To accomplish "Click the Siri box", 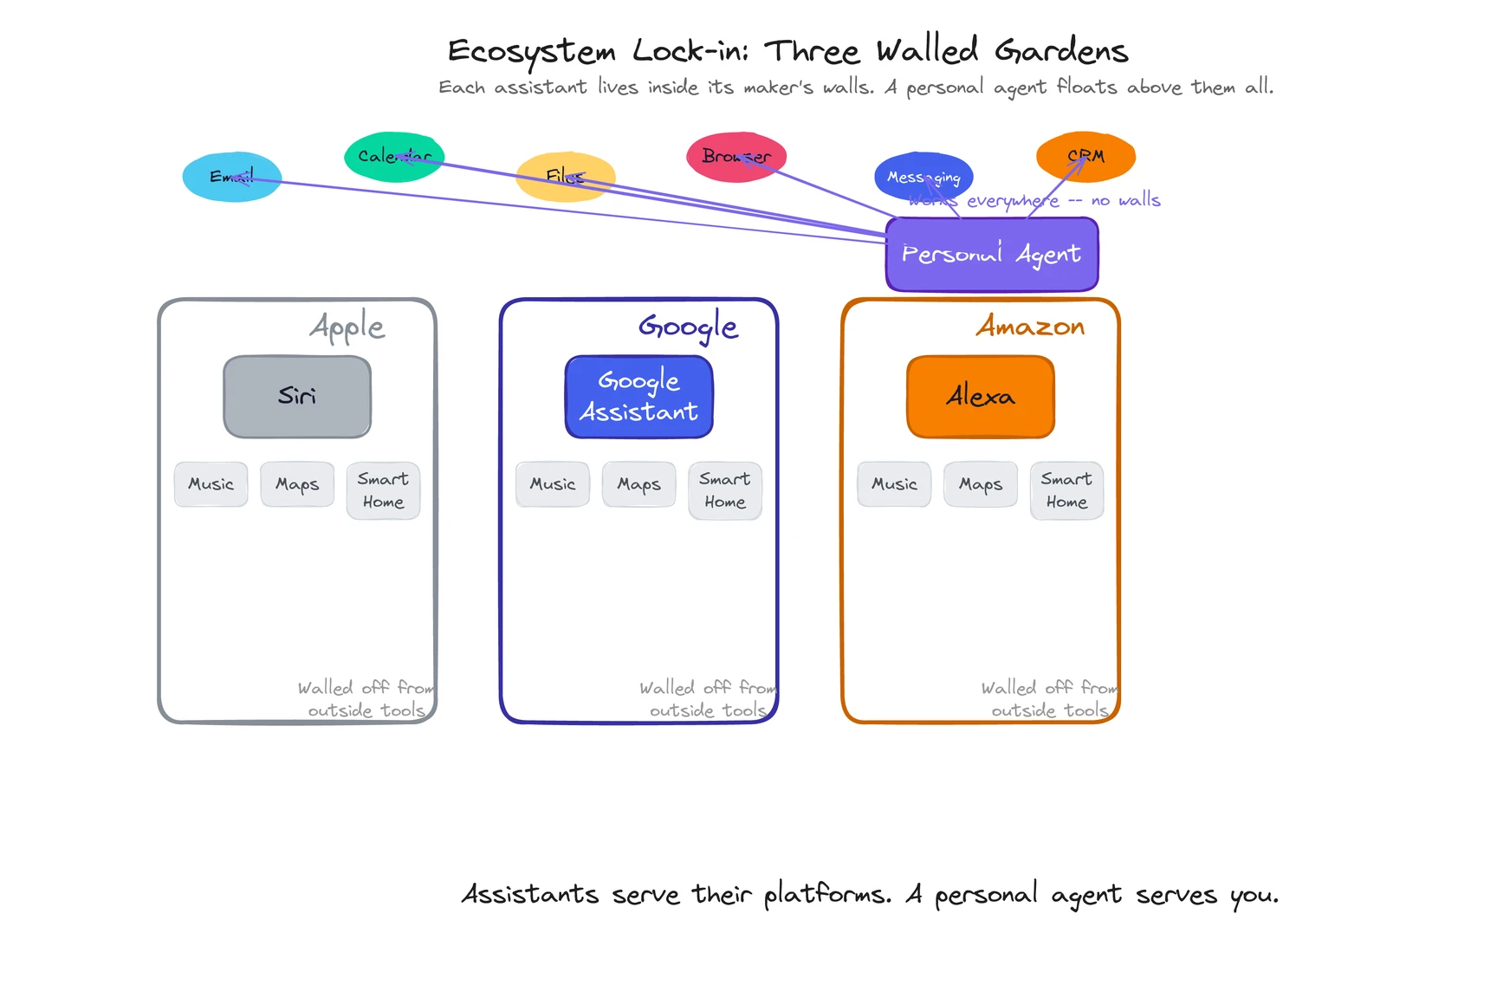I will pos(297,397).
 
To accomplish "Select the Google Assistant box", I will pos(638,397).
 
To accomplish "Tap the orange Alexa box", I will pos(980,397).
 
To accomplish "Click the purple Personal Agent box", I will pos(992,255).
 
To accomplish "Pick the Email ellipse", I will pos(231,177).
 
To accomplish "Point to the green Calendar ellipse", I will pos(394,157).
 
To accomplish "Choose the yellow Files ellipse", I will pos(565,177).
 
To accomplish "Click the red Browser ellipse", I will pos(736,157).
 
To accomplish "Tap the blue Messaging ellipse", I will pos(923,177).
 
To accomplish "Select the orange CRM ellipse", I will pos(1085,157).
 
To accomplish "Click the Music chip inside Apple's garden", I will pos(211,484).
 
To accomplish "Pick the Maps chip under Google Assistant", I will pos(638,484).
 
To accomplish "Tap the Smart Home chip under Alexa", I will pos(1066,490).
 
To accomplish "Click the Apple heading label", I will pos(347,327).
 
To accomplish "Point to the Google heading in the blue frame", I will pos(688,327).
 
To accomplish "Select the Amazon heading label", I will pos(1030,327).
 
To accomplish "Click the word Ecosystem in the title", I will pos(531,52).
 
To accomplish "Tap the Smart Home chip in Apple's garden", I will pos(383,490).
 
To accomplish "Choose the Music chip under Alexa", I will pos(894,484).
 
